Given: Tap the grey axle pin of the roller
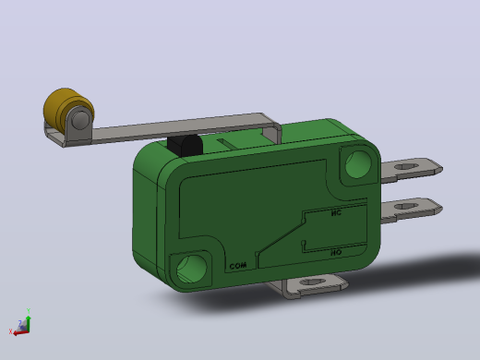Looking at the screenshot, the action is pyautogui.click(x=80, y=119).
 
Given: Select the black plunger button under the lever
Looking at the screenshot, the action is pyautogui.click(x=186, y=146).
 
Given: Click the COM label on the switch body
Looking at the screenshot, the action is pyautogui.click(x=238, y=266).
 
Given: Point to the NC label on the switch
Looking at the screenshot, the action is pyautogui.click(x=336, y=212).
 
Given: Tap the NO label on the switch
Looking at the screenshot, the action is pyautogui.click(x=336, y=253).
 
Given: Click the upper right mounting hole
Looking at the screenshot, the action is pyautogui.click(x=358, y=164).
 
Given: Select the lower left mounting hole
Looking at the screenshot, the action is pyautogui.click(x=192, y=270).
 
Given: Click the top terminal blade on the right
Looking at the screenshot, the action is pyautogui.click(x=412, y=170).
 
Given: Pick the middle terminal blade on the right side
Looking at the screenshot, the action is pyautogui.click(x=412, y=210).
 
